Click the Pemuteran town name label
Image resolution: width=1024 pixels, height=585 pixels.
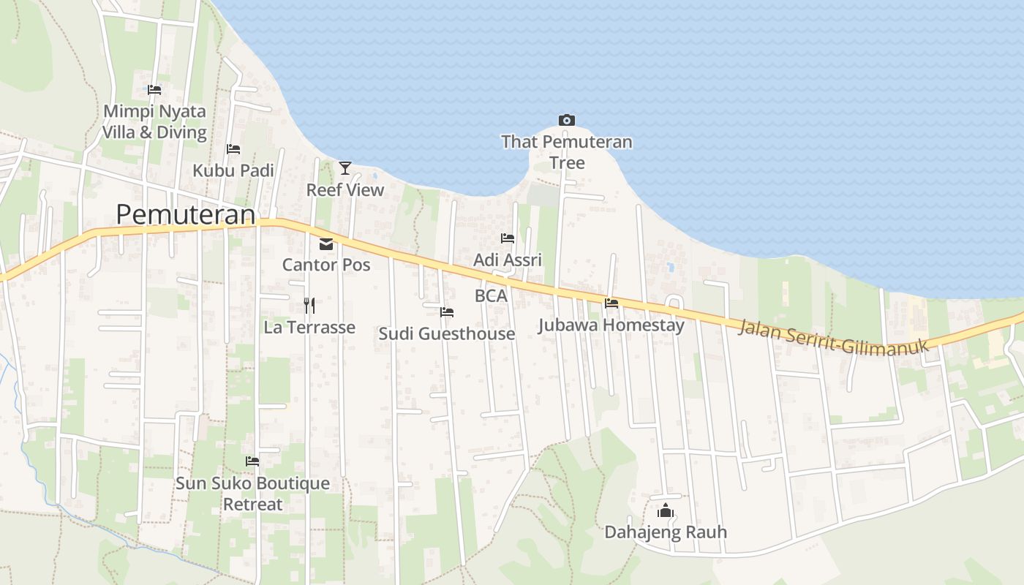click(x=186, y=214)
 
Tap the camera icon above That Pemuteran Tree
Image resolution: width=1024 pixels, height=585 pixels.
click(x=566, y=120)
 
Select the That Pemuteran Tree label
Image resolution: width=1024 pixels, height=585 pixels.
click(x=567, y=151)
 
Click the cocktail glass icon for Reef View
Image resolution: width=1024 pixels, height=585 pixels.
click(x=345, y=168)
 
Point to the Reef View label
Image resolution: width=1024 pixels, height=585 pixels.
click(x=345, y=190)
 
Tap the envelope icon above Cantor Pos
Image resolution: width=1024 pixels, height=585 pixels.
click(x=326, y=244)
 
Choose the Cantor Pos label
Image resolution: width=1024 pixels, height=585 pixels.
click(x=326, y=265)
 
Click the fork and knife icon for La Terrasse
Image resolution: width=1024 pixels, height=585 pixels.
click(x=309, y=305)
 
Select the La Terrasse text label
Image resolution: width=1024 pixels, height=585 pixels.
click(x=309, y=327)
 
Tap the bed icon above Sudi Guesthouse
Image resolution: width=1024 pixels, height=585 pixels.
click(x=447, y=312)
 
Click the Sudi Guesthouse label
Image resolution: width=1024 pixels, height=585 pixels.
click(x=447, y=334)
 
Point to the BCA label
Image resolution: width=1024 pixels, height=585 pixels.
click(x=491, y=296)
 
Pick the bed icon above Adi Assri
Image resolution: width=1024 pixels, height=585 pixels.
click(x=508, y=238)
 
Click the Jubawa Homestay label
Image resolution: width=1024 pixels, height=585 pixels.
click(x=611, y=325)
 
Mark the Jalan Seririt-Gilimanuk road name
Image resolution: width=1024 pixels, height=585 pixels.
click(x=833, y=337)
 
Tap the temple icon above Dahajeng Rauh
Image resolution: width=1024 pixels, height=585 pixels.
click(x=666, y=510)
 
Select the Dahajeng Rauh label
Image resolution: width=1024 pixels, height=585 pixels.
click(x=666, y=532)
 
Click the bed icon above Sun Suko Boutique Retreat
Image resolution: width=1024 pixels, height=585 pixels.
click(x=252, y=461)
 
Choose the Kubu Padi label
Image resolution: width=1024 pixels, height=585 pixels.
click(x=233, y=170)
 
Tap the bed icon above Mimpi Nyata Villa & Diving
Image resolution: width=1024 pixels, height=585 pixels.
click(x=154, y=90)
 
